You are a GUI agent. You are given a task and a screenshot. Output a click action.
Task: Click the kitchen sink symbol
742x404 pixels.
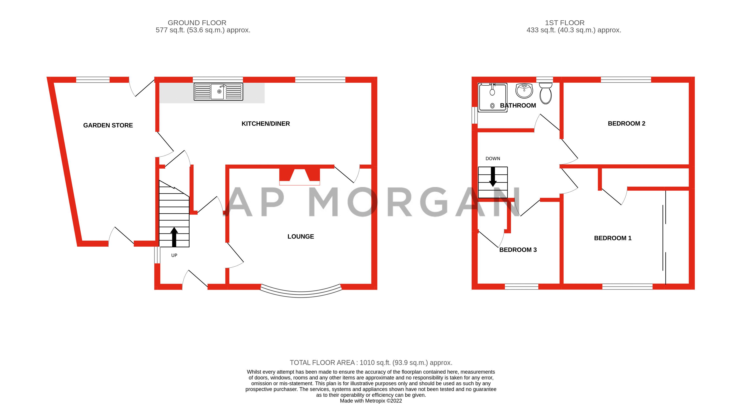click(x=218, y=91)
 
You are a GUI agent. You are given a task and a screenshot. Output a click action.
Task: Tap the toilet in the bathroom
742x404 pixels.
click(x=546, y=93)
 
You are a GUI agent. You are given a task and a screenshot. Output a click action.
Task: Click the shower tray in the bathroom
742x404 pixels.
click(x=492, y=98)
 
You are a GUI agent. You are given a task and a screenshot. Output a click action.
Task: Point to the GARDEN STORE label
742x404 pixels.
click(x=108, y=125)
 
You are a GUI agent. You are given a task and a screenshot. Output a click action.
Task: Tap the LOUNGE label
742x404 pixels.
click(x=300, y=236)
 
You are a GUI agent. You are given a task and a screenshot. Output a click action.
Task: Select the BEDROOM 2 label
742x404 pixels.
click(x=626, y=123)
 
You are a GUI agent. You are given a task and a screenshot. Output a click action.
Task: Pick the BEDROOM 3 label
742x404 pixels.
click(x=518, y=250)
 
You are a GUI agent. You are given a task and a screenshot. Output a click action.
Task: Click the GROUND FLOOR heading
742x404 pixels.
click(x=197, y=23)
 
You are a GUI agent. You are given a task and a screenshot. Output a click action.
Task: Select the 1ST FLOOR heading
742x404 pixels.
click(x=564, y=23)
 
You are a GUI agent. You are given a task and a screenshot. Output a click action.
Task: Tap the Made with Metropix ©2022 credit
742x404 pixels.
click(x=371, y=401)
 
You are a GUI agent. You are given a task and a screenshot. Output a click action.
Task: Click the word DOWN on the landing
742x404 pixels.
click(x=493, y=158)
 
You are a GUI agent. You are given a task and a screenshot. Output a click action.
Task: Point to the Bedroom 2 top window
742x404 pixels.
click(x=626, y=79)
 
